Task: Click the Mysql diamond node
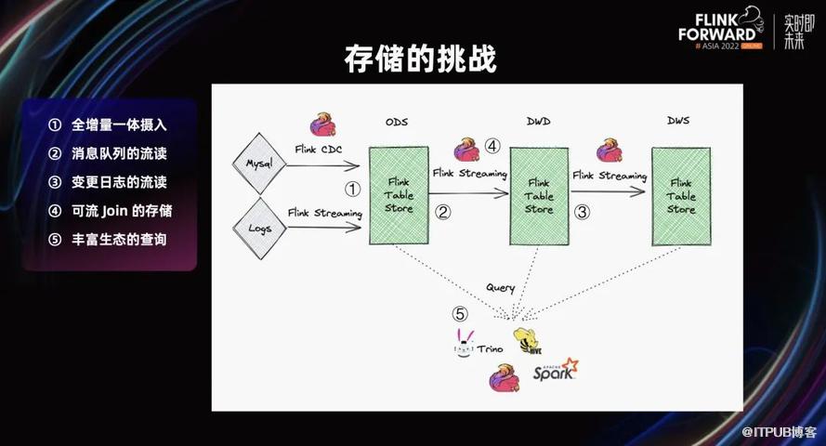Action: [x=259, y=164]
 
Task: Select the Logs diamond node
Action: [x=259, y=229]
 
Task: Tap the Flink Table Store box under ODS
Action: [x=399, y=195]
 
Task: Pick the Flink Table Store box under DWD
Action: [x=539, y=196]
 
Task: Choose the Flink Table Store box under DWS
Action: [x=681, y=196]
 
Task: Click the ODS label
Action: [x=397, y=122]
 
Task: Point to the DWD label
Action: [x=538, y=122]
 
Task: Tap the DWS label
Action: [x=678, y=121]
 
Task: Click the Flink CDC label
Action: [x=318, y=150]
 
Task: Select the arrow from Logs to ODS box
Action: [x=324, y=228]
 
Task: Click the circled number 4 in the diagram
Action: [x=492, y=145]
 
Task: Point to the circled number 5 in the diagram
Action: [x=460, y=314]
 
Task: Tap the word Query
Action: [x=501, y=287]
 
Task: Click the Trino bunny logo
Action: [x=464, y=343]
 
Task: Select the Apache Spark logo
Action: [x=556, y=370]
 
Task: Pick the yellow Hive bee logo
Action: [x=528, y=341]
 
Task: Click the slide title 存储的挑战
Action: [x=420, y=59]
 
